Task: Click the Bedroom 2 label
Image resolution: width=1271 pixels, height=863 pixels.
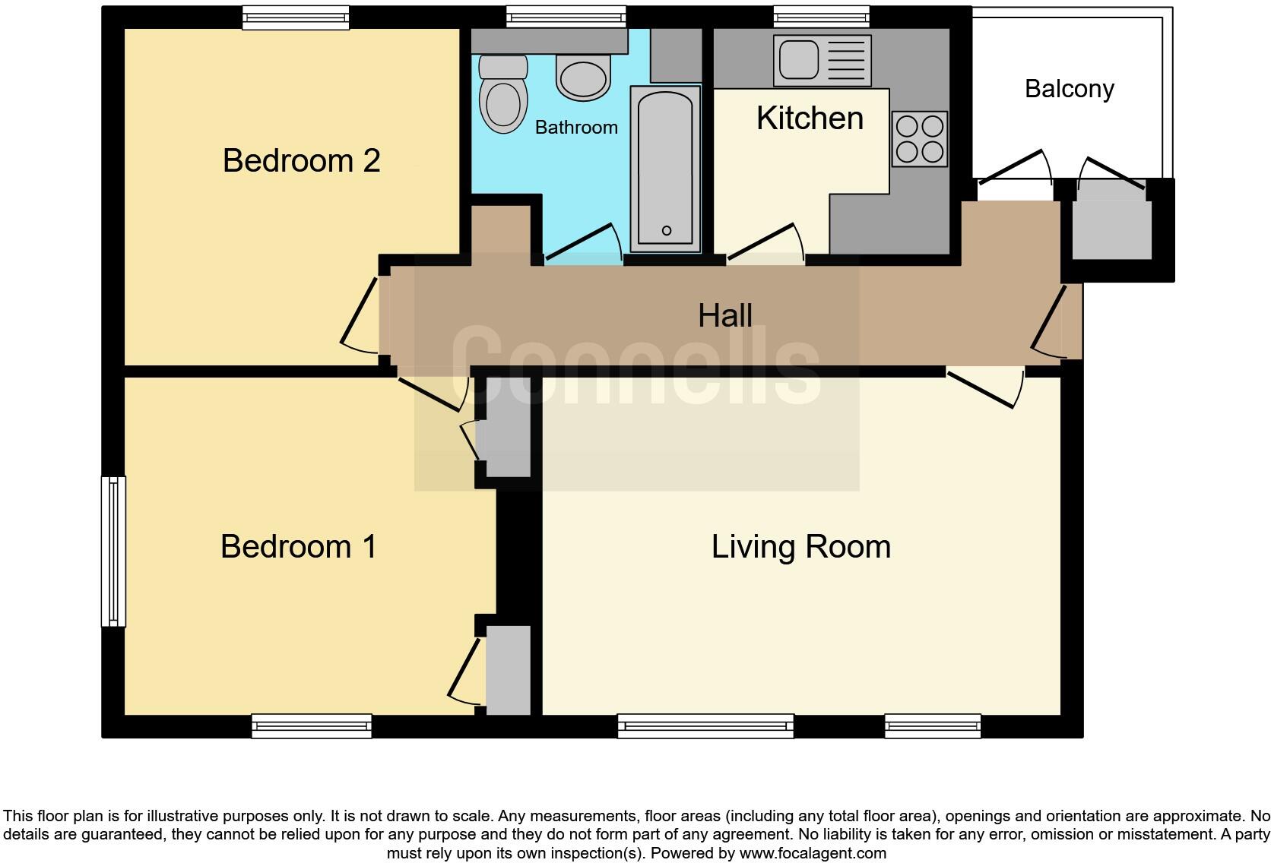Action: pyautogui.click(x=301, y=161)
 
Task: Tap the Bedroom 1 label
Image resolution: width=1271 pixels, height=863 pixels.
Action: pyautogui.click(x=298, y=547)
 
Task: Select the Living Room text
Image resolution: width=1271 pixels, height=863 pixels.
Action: pyautogui.click(x=800, y=547)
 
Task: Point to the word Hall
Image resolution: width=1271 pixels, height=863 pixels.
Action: pyautogui.click(x=725, y=316)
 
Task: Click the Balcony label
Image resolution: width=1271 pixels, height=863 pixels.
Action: pyautogui.click(x=1069, y=89)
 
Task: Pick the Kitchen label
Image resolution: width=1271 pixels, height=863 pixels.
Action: pyautogui.click(x=810, y=119)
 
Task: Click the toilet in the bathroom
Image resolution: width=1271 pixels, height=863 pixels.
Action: pyautogui.click(x=503, y=95)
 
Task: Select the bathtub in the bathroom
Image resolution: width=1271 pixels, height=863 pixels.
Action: pyautogui.click(x=665, y=169)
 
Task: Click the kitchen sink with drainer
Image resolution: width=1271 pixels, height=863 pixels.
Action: pyautogui.click(x=822, y=61)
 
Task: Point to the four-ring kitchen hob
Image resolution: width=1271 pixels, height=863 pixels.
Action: pyautogui.click(x=920, y=139)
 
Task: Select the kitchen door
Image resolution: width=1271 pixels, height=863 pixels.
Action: pyautogui.click(x=764, y=242)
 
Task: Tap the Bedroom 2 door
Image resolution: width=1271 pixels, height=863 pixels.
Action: pyautogui.click(x=359, y=316)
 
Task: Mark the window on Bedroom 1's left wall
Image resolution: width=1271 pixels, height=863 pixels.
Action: pyautogui.click(x=113, y=552)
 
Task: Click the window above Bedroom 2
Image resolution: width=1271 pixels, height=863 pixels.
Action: pyautogui.click(x=296, y=17)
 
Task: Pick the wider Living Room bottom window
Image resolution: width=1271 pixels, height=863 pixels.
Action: pyautogui.click(x=705, y=726)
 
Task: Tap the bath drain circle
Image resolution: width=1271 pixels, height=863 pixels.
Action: pyautogui.click(x=667, y=231)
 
